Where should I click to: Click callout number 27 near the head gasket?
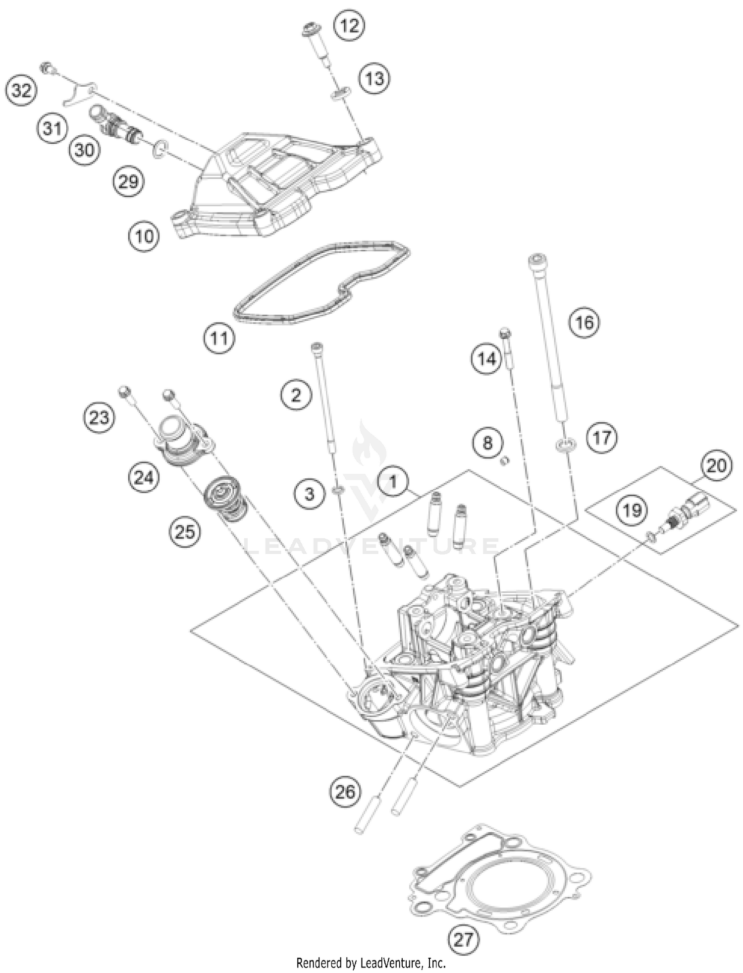464,939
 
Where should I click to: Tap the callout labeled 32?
21,91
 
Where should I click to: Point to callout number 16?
584,322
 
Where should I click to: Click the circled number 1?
393,481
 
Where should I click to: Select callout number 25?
185,532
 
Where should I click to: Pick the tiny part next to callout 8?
505,461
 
